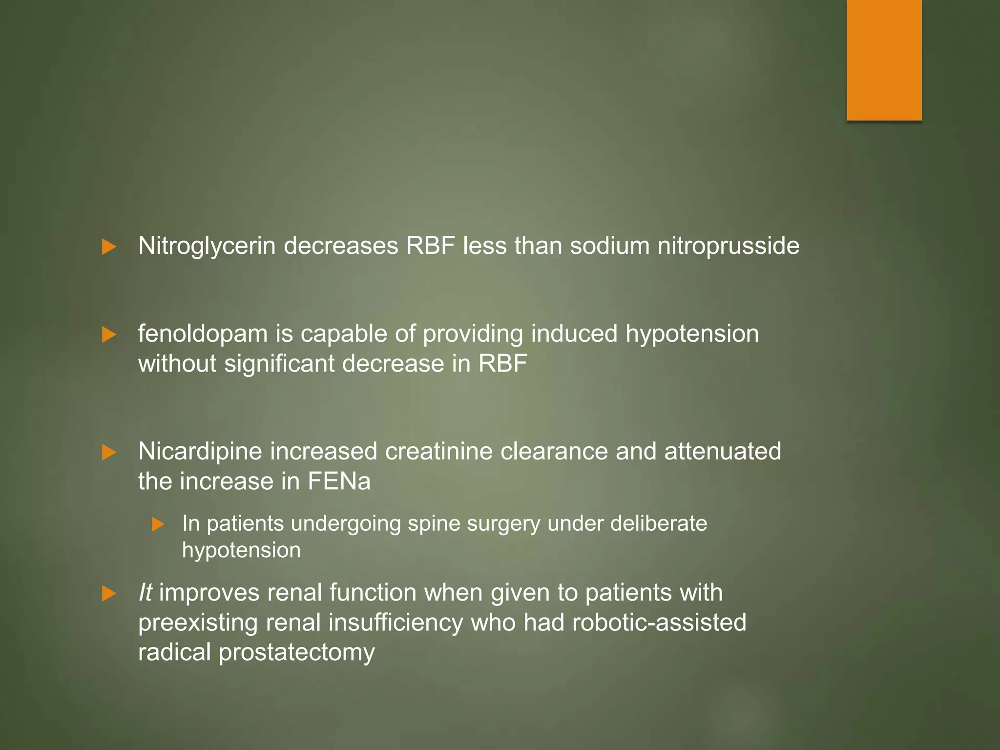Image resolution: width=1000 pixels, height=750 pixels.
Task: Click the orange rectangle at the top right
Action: tap(884, 60)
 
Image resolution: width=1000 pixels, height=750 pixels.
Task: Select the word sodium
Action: tap(610, 246)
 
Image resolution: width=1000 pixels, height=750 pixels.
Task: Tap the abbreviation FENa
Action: tap(339, 482)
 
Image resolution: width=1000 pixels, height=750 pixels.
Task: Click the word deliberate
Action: tap(658, 523)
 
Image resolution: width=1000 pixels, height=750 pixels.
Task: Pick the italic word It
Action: tap(145, 593)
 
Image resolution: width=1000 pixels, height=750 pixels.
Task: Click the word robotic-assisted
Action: tap(659, 623)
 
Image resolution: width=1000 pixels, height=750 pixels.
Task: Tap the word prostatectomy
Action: tap(296, 653)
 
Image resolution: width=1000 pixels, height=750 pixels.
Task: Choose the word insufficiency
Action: tap(396, 623)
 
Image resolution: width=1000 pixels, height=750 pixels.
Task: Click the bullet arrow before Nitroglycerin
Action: tap(109, 247)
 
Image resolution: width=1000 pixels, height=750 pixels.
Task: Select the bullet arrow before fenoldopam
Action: tap(109, 335)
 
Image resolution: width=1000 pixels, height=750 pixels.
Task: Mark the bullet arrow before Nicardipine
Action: tap(109, 452)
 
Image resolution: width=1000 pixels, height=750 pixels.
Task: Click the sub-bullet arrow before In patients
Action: tap(158, 524)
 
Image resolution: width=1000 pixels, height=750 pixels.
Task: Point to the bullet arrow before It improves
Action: tap(109, 594)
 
